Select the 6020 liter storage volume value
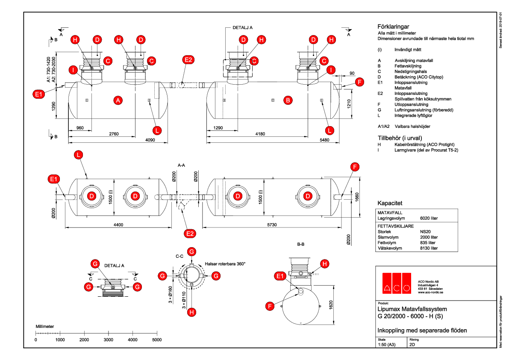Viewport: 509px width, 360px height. pos(429,218)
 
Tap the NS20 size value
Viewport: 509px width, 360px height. pos(426,231)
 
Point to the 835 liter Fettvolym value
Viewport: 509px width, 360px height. pos(428,242)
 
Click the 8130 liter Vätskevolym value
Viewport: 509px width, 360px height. pos(429,248)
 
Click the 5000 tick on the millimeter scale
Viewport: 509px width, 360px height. pos(157,339)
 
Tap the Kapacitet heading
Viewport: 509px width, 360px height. pos(390,203)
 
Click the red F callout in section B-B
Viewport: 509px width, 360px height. pos(270,306)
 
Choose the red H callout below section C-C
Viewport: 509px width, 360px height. pos(192,312)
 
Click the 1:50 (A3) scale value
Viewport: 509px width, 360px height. pos(387,345)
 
